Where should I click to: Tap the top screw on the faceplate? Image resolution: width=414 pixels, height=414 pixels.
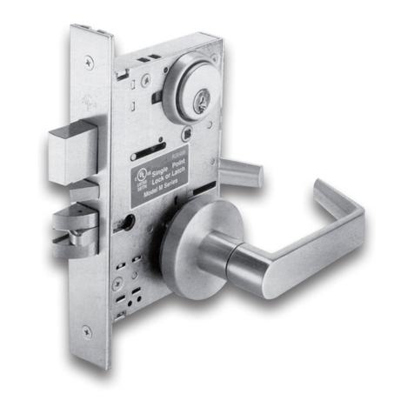90,63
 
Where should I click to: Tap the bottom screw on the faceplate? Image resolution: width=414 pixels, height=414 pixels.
85,331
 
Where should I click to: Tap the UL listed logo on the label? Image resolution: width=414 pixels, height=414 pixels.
141,177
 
